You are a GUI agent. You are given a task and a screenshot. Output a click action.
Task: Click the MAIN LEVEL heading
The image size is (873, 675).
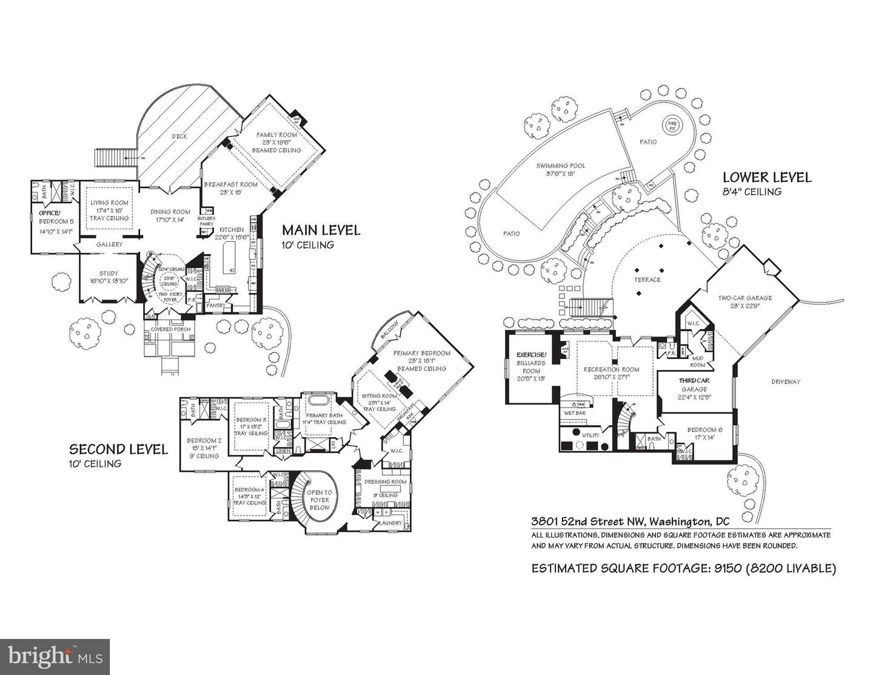[321, 230]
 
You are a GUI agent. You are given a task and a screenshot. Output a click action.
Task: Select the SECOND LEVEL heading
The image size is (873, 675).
[118, 449]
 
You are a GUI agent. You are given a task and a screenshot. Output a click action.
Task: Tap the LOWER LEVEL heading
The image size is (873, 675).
[766, 178]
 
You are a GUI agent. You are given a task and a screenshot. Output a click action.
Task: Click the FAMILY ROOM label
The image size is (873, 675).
[276, 135]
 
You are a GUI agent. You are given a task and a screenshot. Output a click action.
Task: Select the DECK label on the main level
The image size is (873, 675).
[179, 136]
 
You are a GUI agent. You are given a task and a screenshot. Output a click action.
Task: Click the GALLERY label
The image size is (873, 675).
[109, 244]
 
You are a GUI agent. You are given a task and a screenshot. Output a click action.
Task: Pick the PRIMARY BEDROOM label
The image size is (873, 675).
[421, 353]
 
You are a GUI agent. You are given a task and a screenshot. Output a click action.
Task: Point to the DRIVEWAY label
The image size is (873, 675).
[786, 381]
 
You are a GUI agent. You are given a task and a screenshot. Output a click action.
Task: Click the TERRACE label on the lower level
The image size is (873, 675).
[647, 280]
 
